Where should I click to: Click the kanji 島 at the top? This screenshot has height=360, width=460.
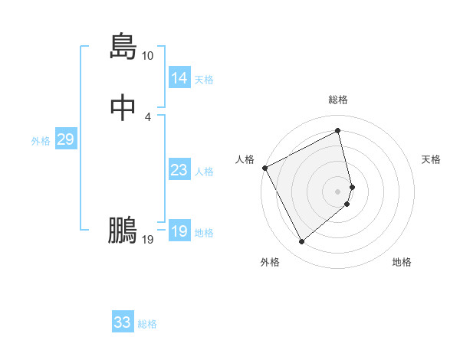coord(123,47)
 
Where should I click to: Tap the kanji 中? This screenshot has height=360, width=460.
coord(123,107)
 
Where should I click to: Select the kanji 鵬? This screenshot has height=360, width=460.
coord(123,230)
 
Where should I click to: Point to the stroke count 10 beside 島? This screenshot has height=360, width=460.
coord(147,56)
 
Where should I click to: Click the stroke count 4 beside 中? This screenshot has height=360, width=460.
coord(147,116)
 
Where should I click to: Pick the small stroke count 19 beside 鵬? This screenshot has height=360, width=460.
coord(147,240)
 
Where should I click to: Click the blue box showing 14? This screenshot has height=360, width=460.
coord(179,78)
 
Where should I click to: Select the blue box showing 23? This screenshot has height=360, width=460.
coord(179,170)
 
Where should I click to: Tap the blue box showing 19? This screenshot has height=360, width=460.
coord(179,231)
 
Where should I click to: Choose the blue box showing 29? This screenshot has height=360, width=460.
coord(64,139)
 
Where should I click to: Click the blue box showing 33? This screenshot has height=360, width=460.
coord(122,322)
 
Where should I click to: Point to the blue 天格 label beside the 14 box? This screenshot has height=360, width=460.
coord(204,80)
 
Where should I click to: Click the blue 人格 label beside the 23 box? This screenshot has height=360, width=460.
coord(204,172)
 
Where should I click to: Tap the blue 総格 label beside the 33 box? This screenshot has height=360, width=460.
coord(147,324)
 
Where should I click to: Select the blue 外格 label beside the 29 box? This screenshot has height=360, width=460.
coord(41,141)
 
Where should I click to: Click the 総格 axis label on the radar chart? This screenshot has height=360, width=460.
coord(338,100)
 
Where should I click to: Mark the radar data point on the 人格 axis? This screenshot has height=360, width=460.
coord(264,168)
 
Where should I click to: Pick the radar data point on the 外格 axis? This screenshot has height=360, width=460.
coord(301,242)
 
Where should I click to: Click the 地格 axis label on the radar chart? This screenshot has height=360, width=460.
coord(402,262)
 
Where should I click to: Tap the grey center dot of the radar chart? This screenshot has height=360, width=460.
coord(338,191)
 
